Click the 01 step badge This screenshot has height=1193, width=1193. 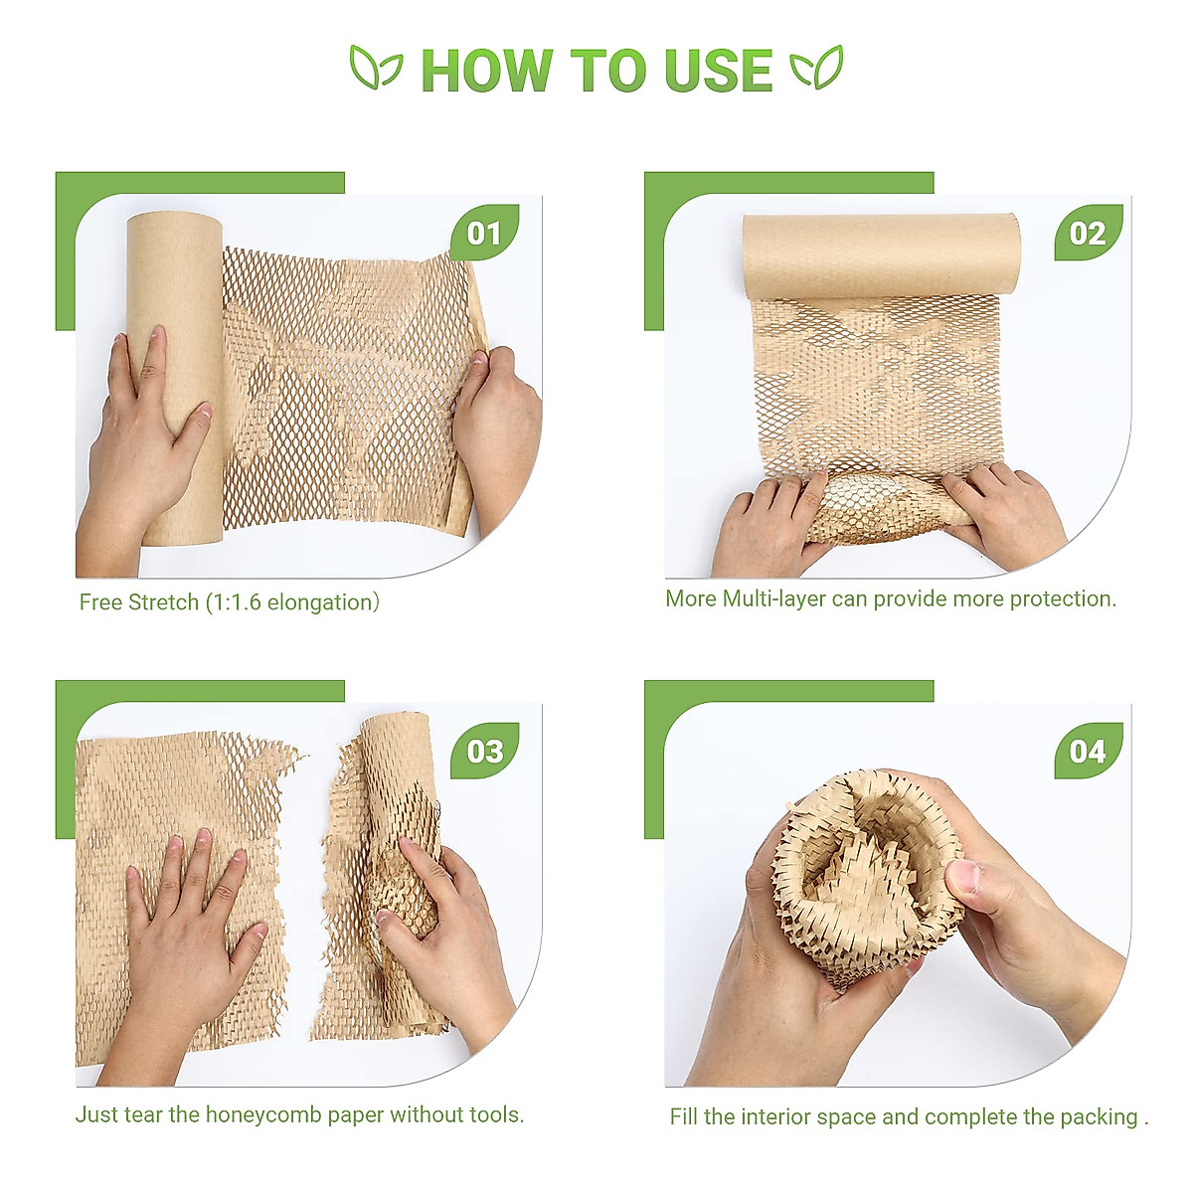point(484,234)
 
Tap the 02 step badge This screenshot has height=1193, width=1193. point(1088,234)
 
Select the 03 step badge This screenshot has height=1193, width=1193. point(484,751)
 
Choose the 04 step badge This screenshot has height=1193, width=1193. point(1088,751)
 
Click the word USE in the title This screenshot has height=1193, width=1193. point(718,71)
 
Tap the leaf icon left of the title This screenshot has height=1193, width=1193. point(376,68)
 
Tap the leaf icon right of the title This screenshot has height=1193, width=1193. point(816,68)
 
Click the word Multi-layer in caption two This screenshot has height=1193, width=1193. point(773,598)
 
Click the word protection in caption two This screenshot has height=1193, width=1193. point(1063,598)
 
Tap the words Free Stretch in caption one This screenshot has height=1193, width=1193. point(139,602)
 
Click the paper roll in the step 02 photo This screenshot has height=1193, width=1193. point(881,255)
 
